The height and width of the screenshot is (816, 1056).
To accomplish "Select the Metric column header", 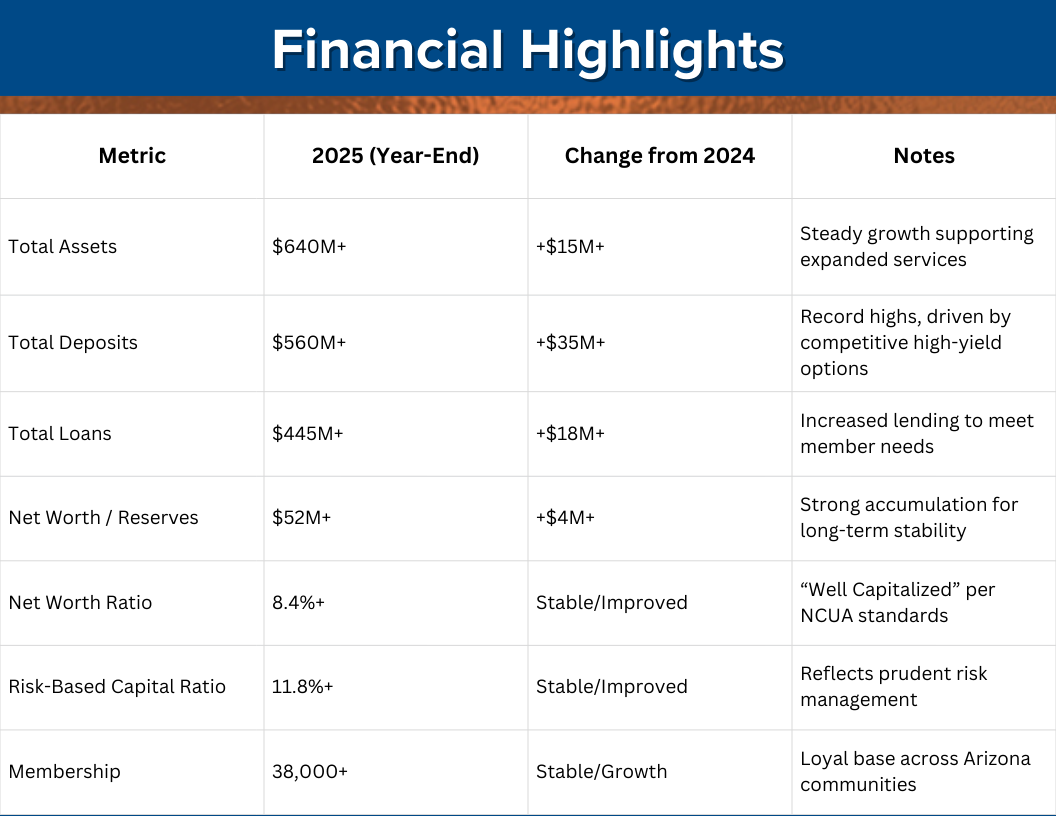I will point(132,156).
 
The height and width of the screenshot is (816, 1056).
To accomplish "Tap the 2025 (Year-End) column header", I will point(396,156).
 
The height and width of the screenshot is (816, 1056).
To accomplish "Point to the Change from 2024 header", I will point(660,156).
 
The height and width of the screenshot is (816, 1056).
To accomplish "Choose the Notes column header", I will point(924,156).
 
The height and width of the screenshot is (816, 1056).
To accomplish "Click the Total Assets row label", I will point(62,247).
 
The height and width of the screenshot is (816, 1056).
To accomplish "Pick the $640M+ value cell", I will point(309,247).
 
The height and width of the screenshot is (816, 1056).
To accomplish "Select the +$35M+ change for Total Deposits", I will point(570,343).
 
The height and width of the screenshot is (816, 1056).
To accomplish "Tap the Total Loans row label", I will point(60,434).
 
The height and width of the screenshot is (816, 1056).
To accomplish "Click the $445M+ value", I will point(308,434).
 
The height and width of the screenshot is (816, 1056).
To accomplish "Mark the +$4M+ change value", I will point(566,518).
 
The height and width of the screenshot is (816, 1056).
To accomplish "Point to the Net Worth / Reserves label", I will point(103,518).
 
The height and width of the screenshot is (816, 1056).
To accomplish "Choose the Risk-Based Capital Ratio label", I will point(117,687).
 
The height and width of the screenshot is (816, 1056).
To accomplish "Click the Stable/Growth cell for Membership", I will point(601,772).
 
